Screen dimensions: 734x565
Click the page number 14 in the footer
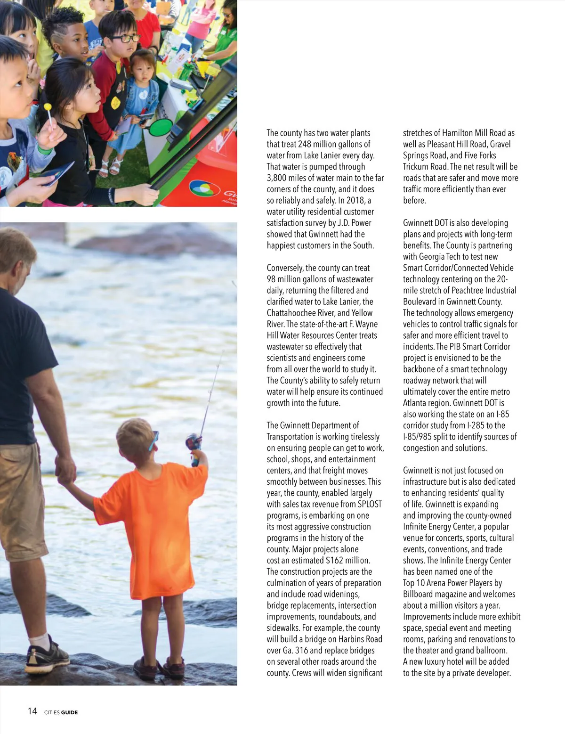pos(32,711)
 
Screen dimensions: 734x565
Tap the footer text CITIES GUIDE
pos(61,712)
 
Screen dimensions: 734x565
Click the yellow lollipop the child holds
pos(48,108)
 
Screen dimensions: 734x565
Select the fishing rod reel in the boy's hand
pos(193,443)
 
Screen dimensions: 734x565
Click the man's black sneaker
pos(47,656)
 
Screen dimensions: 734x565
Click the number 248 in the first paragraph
pos(305,144)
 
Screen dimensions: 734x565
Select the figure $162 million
pos(347,561)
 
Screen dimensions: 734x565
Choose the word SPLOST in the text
pos(370,504)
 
